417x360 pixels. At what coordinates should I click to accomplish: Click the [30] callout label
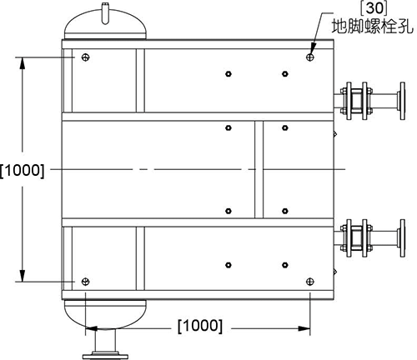click(374, 8)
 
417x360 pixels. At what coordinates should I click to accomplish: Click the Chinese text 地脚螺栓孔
click(373, 27)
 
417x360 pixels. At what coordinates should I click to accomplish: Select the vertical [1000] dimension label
click(23, 170)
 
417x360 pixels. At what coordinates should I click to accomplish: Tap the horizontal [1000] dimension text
click(200, 326)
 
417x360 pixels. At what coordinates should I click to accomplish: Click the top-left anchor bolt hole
click(86, 57)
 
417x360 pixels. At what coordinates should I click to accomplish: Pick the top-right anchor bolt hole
click(310, 57)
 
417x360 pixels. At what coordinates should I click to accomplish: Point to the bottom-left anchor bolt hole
click(86, 282)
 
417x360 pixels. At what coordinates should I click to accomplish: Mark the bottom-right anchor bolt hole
click(310, 282)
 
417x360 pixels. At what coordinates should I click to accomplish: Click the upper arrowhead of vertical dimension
click(23, 63)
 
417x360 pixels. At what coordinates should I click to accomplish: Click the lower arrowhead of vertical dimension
click(23, 276)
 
